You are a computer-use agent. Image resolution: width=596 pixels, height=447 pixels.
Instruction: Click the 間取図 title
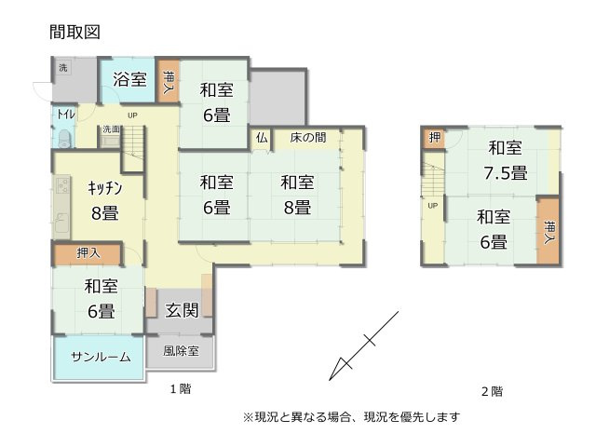[74, 32]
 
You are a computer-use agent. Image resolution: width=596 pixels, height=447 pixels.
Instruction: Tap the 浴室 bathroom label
[129, 80]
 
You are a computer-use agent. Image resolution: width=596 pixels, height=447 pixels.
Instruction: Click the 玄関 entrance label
[181, 311]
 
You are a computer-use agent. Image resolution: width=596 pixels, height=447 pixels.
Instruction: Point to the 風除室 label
[181, 351]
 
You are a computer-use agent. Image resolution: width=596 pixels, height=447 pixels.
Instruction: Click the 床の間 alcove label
[307, 138]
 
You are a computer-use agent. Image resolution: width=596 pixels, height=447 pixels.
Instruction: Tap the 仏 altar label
[262, 138]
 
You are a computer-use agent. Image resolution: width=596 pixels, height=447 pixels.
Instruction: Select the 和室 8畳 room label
[296, 195]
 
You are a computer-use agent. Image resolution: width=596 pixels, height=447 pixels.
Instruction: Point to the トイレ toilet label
[66, 115]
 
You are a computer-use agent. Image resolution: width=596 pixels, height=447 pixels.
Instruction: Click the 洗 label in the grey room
[63, 68]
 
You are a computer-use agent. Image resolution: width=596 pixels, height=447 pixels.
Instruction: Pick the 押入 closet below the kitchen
[88, 252]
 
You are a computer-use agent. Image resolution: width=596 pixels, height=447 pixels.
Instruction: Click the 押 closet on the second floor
[435, 139]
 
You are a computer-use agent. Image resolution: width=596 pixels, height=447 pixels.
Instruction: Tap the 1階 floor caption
[181, 388]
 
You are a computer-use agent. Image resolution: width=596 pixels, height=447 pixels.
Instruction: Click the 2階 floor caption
[492, 390]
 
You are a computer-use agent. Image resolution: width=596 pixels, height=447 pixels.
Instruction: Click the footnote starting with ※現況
[351, 416]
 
